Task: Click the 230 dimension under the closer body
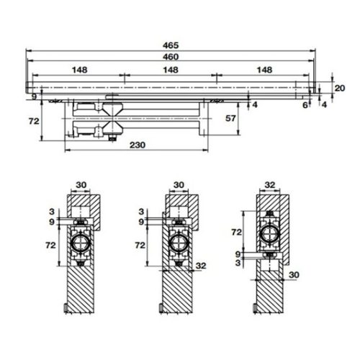pos(138,145)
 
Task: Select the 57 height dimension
pos(230,117)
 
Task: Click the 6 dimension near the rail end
pos(305,105)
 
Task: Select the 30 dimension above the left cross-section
pos(81,185)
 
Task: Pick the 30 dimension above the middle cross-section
pos(177,185)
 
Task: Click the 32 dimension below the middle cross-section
pos(201,266)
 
